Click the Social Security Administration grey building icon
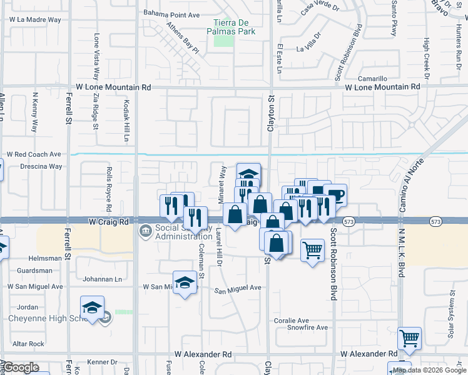tap(145, 231)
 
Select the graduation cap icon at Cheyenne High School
tap(92, 307)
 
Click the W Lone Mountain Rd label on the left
tap(113, 88)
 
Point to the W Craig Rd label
tap(108, 222)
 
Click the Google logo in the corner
tap(21, 367)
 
